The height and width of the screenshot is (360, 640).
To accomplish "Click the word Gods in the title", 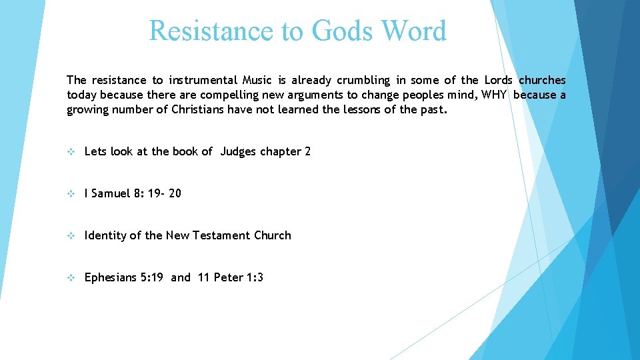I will tap(337, 31).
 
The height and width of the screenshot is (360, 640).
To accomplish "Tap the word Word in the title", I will tap(413, 31).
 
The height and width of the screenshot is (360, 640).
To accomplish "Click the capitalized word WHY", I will tap(494, 95).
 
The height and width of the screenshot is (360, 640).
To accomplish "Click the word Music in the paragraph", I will tap(259, 81).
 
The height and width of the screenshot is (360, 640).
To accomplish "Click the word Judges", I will tap(238, 152).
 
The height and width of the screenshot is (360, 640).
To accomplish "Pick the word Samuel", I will tap(111, 194).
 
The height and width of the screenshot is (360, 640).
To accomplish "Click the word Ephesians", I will tap(111, 278).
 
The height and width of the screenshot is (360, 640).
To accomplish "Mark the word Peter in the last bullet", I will tap(229, 278).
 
